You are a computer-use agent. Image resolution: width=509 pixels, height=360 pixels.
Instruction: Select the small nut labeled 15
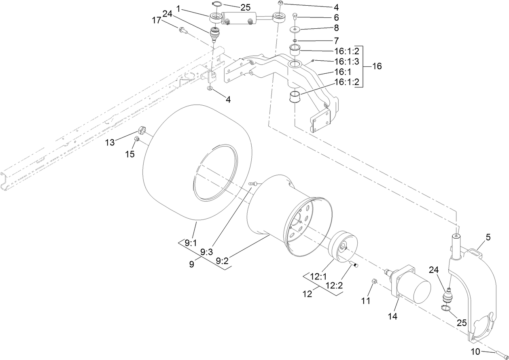pyautogui.click(x=137, y=139)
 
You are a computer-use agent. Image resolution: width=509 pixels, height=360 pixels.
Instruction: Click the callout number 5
pyautogui.click(x=488, y=238)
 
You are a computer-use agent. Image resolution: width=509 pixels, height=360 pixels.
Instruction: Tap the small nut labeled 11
pyautogui.click(x=374, y=281)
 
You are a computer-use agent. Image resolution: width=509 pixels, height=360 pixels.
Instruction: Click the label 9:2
pyautogui.click(x=222, y=261)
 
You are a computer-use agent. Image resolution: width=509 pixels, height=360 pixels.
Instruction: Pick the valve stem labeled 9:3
pyautogui.click(x=253, y=184)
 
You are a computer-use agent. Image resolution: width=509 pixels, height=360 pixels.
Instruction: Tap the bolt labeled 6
pyautogui.click(x=295, y=17)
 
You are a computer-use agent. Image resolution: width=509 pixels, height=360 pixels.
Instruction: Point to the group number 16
pyautogui.click(x=376, y=66)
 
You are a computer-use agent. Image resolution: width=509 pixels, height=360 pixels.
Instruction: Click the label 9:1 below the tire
pyautogui.click(x=191, y=243)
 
